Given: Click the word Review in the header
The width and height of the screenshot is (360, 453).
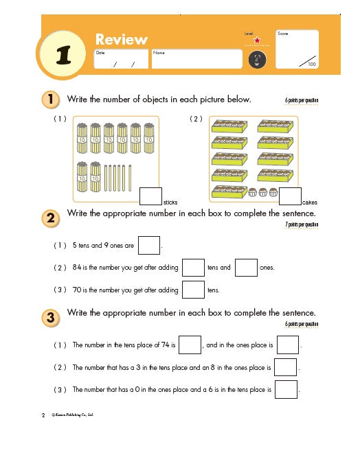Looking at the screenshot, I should click(121, 39).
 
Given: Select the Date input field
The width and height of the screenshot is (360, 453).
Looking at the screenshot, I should click(120, 59).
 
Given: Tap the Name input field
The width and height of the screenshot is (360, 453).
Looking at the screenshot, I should click(196, 59).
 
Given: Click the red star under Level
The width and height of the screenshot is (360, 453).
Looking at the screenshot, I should click(254, 41).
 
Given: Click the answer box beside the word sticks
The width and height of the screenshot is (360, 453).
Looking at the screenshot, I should click(150, 197).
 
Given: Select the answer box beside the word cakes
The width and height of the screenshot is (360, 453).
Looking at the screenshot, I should click(290, 197).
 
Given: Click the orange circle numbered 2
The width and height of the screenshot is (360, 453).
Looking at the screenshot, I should click(50, 219).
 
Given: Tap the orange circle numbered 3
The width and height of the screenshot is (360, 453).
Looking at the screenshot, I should click(50, 318).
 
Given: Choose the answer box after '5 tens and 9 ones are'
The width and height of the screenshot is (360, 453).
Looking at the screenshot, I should click(148, 245).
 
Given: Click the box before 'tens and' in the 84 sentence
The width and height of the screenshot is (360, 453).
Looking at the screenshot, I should click(193, 267).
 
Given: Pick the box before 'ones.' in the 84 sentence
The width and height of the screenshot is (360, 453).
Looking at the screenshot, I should click(245, 267).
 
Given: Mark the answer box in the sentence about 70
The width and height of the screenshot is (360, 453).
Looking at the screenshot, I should click(193, 290).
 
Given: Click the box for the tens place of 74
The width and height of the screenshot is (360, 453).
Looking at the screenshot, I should click(190, 345).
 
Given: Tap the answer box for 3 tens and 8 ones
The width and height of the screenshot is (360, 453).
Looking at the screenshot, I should click(285, 367).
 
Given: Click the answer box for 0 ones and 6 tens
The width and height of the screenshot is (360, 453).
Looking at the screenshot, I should click(285, 390).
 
